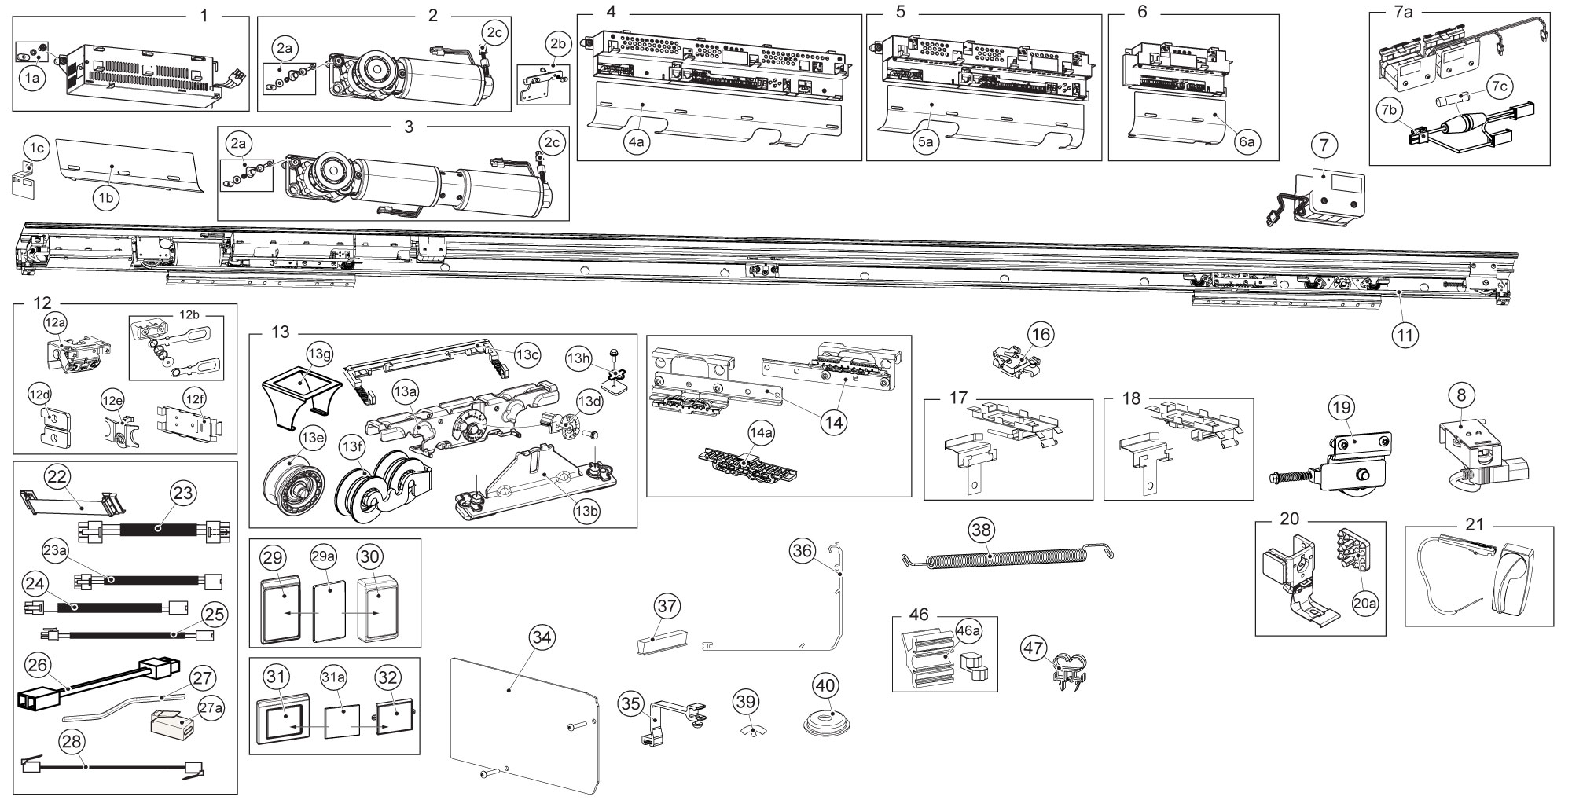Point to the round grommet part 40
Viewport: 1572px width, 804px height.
point(824,719)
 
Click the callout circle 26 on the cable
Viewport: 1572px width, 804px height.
point(37,666)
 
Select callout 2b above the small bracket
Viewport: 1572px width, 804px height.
point(558,42)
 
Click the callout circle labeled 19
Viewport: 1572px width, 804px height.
point(1341,408)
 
